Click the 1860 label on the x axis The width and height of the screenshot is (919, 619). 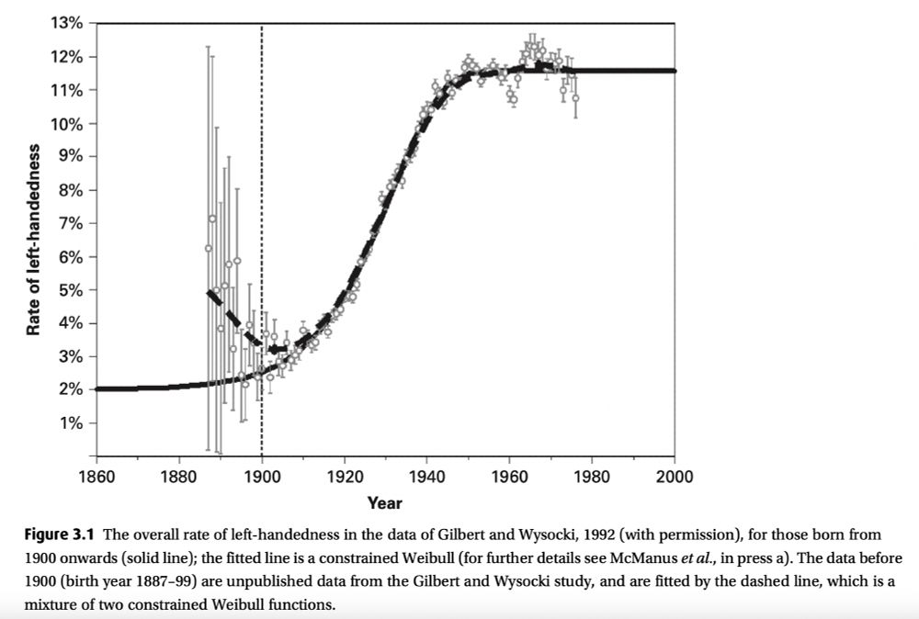96,477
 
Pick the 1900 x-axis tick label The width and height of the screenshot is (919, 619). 262,477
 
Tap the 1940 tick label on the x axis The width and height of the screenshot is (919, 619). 427,477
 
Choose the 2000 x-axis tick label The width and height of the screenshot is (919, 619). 675,477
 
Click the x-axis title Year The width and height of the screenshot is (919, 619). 384,502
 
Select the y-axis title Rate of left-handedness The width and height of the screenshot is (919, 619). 34,239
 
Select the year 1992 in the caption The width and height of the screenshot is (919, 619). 564,534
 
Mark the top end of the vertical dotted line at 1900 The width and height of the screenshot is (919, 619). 262,26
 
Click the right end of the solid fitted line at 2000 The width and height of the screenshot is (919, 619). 674,71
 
